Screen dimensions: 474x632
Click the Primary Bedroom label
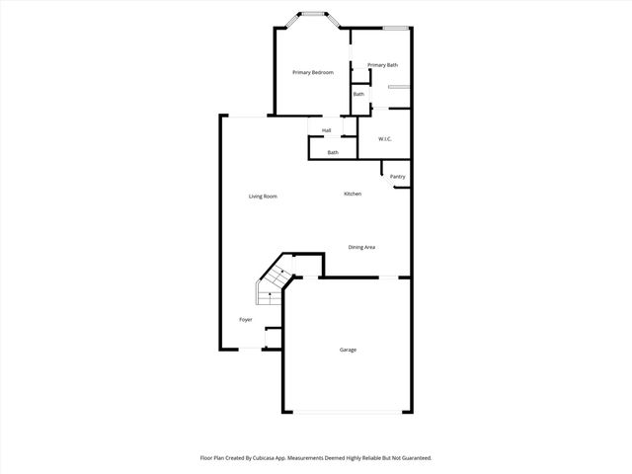tap(312, 73)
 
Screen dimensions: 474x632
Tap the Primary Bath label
tap(382, 65)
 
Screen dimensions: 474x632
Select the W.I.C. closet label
tap(385, 138)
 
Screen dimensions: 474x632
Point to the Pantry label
tap(397, 177)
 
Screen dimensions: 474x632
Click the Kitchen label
tap(353, 194)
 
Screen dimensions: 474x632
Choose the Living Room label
tap(263, 197)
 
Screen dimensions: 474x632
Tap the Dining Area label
tap(361, 247)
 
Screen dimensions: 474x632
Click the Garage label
tap(348, 350)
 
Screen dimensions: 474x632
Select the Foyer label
tap(246, 320)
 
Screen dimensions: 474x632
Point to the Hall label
tap(326, 130)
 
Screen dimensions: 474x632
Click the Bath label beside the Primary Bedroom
tap(358, 94)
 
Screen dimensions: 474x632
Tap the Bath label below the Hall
tap(333, 152)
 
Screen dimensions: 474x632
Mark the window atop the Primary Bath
tap(396, 27)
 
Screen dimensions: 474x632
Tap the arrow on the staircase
tap(281, 272)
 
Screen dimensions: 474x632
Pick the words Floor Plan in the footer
tap(215, 458)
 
